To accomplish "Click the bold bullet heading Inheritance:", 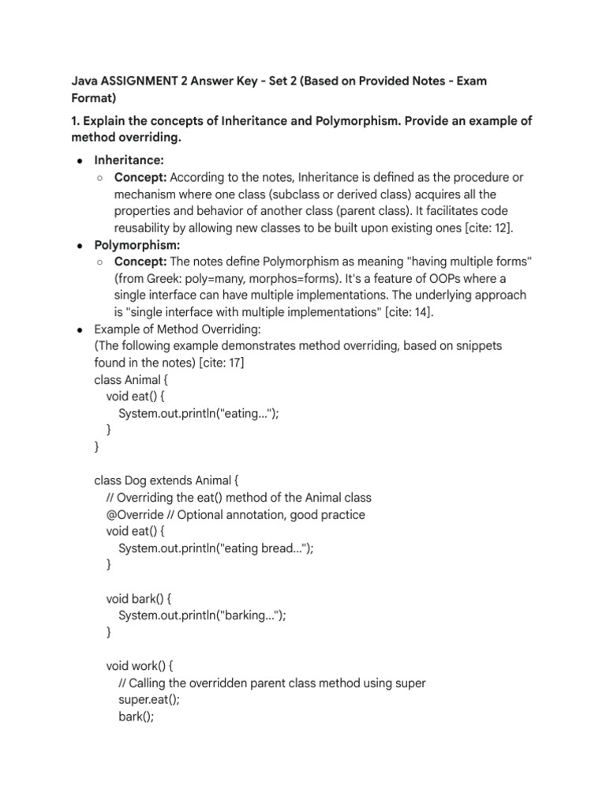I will (129, 160).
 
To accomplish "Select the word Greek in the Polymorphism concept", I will (163, 278).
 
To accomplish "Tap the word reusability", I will (147, 228).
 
